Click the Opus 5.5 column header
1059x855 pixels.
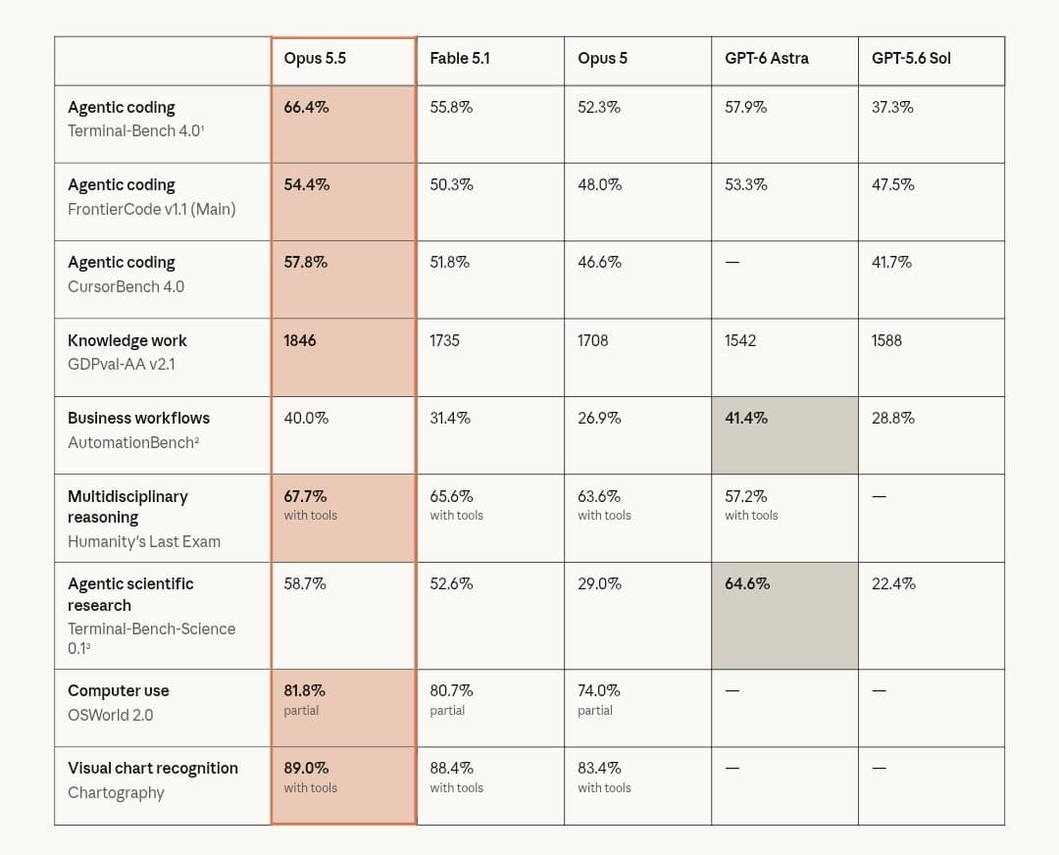coord(315,59)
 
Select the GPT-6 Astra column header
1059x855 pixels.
coord(767,59)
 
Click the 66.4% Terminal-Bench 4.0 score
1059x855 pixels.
coord(306,108)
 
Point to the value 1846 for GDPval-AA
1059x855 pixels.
coord(300,340)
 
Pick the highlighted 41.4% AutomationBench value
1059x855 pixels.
coord(746,418)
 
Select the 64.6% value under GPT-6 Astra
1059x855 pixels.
coord(747,583)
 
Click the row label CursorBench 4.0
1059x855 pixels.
coord(126,286)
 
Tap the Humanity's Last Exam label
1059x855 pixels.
coord(144,541)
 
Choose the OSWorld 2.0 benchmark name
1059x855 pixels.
coord(110,715)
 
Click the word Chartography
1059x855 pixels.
coord(116,793)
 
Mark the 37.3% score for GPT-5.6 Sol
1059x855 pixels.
coord(892,108)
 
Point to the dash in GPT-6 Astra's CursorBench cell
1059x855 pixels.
coord(732,262)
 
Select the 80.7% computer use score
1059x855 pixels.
coord(451,691)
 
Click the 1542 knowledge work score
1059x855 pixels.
coord(740,340)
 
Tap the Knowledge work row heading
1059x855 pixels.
coord(126,340)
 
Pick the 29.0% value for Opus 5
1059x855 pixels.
coord(599,583)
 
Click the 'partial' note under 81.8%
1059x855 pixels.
coord(301,711)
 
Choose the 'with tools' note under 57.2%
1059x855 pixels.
coord(751,516)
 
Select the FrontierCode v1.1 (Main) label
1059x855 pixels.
coord(151,210)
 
